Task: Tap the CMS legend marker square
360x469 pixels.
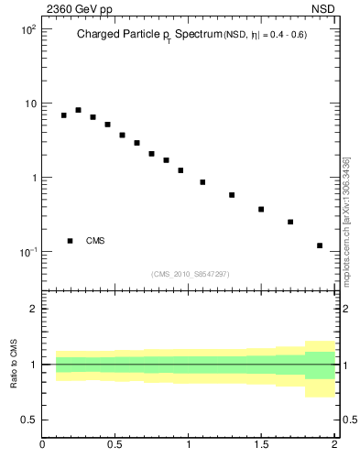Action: coord(70,241)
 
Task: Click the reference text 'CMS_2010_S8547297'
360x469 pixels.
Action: coord(190,274)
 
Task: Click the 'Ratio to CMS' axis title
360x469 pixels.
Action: coord(14,365)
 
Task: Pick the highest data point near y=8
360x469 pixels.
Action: coord(78,110)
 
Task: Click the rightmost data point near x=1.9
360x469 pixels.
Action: coord(320,245)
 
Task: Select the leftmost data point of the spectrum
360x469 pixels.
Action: coord(63,115)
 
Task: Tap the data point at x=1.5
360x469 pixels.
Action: coord(261,210)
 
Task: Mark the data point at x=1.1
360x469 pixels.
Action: coord(202,182)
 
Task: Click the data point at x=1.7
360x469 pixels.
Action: coord(290,222)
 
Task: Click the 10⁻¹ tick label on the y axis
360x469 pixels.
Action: coord(27,252)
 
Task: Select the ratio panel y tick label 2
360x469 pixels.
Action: coord(34,309)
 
